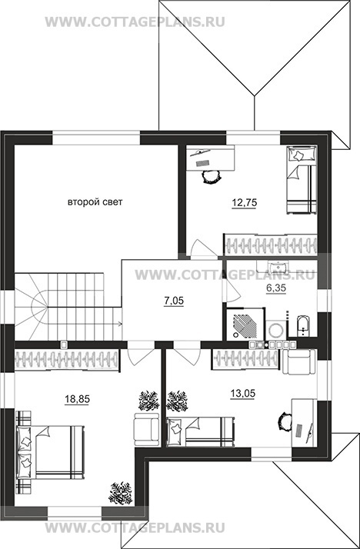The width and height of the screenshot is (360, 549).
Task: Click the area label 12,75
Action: tap(244, 202)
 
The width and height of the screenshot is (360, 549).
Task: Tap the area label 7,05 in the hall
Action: tap(174, 301)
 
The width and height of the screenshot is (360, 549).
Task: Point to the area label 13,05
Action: tap(242, 394)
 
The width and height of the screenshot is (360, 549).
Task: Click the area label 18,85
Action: tap(77, 399)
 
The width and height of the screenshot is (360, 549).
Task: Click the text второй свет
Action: tap(95, 202)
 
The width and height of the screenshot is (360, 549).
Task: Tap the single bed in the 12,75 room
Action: tap(302, 179)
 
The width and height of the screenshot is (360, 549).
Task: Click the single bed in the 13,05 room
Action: tap(200, 431)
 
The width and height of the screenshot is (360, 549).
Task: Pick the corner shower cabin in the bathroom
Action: tap(245, 324)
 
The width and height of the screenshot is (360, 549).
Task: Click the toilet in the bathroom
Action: tap(302, 325)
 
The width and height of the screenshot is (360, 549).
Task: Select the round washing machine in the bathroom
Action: tap(276, 329)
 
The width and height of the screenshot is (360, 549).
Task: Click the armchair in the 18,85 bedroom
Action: tap(147, 429)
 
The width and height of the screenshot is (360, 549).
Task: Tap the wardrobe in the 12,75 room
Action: tap(270, 244)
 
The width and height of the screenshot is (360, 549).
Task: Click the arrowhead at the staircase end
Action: tap(121, 324)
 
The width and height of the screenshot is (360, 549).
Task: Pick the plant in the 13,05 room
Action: tap(177, 401)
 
